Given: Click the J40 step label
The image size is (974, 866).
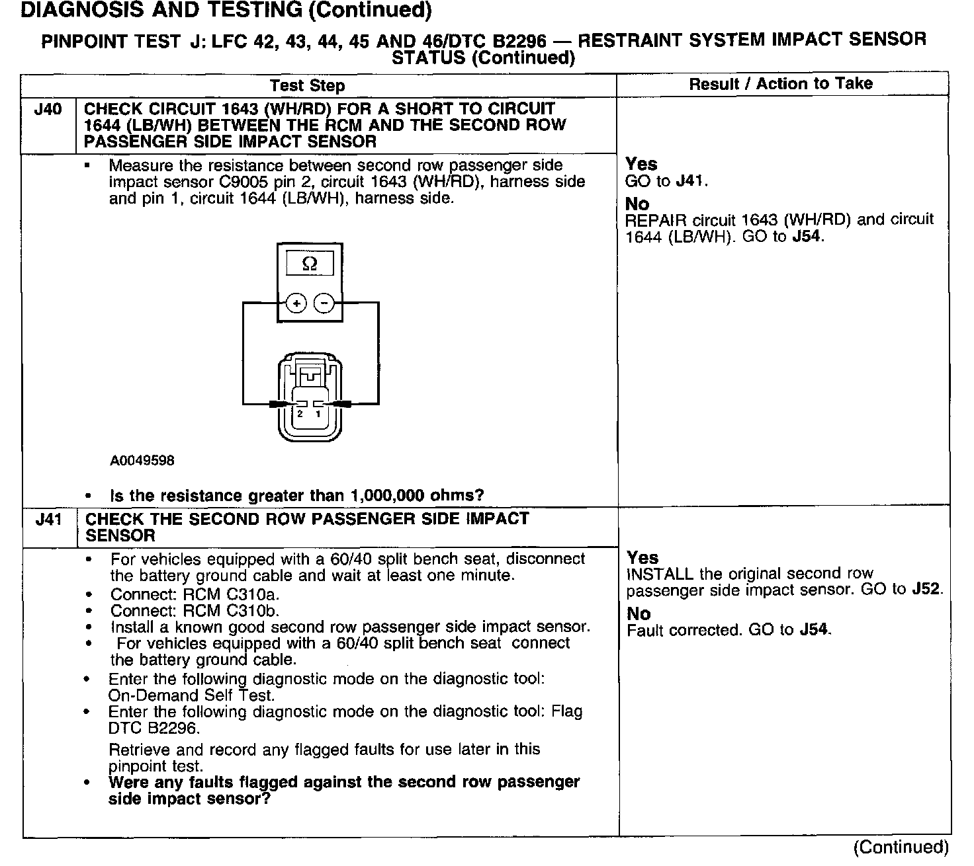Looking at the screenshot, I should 47,109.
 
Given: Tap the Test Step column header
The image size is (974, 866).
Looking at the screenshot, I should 307,86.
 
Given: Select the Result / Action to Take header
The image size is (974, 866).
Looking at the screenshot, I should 781,84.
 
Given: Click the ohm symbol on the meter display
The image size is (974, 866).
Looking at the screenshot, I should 309,264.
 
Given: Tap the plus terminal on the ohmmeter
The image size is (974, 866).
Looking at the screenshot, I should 296,303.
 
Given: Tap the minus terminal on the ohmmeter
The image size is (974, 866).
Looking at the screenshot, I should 324,303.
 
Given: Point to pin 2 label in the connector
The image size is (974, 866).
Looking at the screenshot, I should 300,414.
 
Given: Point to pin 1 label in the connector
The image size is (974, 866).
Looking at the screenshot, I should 318,414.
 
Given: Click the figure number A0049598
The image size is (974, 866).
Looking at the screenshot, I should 142,461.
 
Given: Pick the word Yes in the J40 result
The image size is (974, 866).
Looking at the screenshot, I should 641,164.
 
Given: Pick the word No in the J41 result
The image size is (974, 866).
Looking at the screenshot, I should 639,614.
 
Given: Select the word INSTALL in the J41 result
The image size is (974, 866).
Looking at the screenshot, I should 659,574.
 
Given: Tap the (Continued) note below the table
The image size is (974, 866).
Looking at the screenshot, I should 901,847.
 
